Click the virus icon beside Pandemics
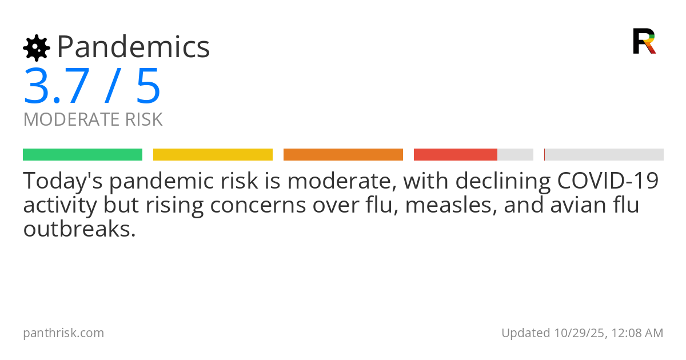36,47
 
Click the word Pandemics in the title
133,47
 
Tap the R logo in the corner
644,41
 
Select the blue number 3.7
57,86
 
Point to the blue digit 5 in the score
148,86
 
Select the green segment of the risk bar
82,155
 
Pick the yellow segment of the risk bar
213,155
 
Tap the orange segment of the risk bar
343,155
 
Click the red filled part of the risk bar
455,155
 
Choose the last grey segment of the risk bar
604,155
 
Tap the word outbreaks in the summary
79,229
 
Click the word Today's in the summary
62,181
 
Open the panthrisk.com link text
63,333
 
